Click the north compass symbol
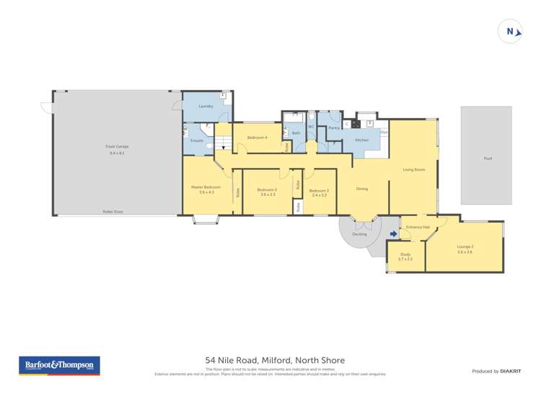click(511, 31)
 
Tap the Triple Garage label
click(117, 146)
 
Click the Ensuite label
click(196, 140)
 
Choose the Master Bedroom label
click(206, 187)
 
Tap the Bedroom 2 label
click(267, 190)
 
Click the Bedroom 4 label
click(257, 137)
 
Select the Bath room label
click(296, 133)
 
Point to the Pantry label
click(334, 127)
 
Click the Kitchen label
click(361, 140)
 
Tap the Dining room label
click(362, 189)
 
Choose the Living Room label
click(413, 169)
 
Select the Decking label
click(359, 234)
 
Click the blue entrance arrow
click(393, 233)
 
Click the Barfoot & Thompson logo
click(59, 365)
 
